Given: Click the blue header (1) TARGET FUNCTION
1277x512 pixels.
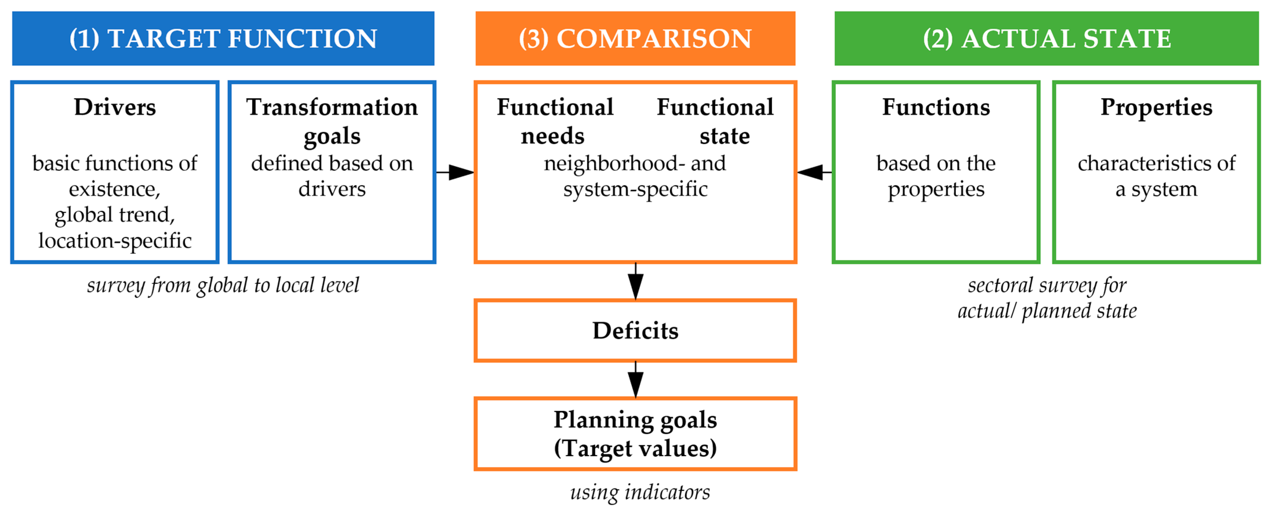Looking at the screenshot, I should tap(223, 39).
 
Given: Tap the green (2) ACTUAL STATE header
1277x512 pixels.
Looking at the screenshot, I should tap(1046, 39).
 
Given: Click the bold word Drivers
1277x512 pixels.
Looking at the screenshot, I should tap(115, 107).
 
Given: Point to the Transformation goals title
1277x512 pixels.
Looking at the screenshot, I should tap(332, 121).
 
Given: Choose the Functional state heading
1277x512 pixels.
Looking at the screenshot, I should tap(715, 121).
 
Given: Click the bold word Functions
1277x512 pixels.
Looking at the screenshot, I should tap(936, 107).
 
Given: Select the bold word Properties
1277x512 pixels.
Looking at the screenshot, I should tap(1156, 107).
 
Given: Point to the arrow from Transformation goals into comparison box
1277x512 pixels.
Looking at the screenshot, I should tap(456, 173).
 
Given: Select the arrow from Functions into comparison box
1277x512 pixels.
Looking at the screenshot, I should tap(814, 173).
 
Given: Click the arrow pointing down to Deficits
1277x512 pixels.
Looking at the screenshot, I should tap(636, 281).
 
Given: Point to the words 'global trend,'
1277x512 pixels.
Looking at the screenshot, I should tap(115, 215).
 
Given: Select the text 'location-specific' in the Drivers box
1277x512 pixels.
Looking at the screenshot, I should tap(115, 241).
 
